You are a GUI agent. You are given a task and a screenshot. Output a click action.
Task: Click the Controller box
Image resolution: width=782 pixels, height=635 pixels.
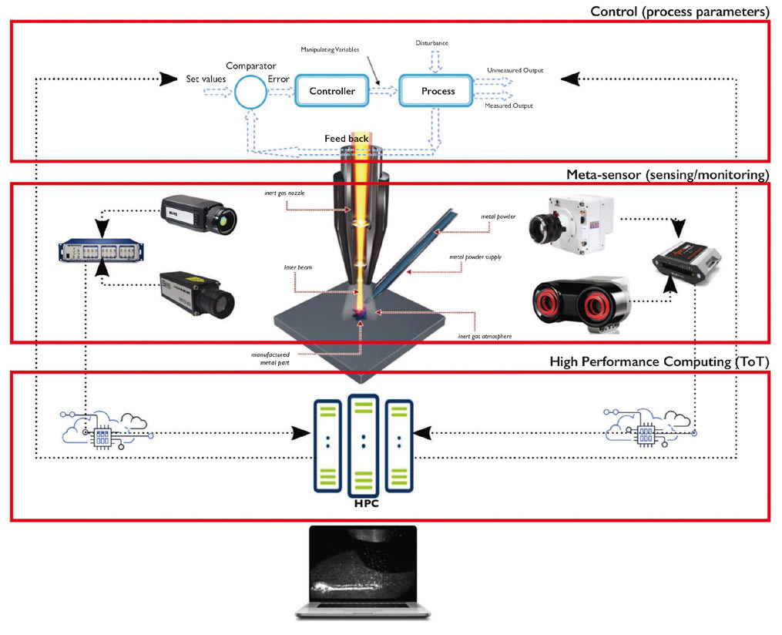pyautogui.click(x=332, y=91)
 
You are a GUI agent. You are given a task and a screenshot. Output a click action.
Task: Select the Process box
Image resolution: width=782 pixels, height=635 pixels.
pyautogui.click(x=438, y=91)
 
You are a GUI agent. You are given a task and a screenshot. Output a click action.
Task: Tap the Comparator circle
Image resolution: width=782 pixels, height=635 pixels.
pyautogui.click(x=250, y=92)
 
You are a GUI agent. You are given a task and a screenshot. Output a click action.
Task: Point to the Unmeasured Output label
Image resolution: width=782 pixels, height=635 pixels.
pyautogui.click(x=515, y=70)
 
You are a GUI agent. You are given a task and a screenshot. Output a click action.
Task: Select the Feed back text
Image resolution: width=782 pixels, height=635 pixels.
pyautogui.click(x=346, y=139)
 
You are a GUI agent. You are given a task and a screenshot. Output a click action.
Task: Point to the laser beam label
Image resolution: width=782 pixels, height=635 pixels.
pyautogui.click(x=296, y=267)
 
